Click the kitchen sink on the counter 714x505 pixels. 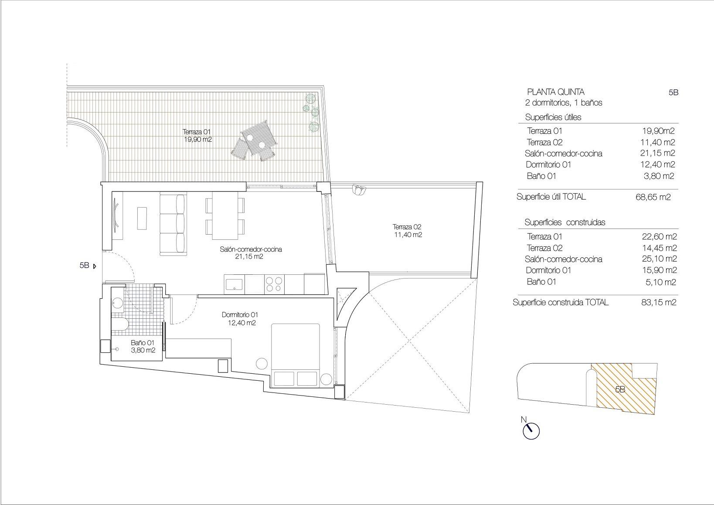coord(235,284)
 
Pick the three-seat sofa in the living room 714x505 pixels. coord(173,225)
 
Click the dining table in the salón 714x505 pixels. coord(225,216)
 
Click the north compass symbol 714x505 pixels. coord(530,430)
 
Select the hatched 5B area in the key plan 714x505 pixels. coord(623,388)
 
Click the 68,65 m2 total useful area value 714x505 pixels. coord(653,197)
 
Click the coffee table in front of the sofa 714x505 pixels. coord(142,218)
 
